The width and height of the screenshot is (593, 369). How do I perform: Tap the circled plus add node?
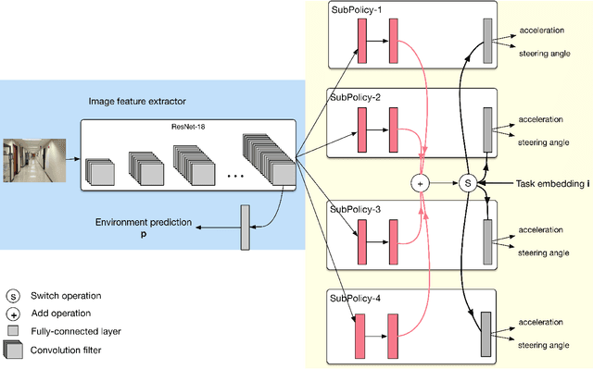click(x=420, y=184)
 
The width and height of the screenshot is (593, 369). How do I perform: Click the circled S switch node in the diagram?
click(x=468, y=184)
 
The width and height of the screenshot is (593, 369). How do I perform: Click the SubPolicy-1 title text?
click(x=354, y=8)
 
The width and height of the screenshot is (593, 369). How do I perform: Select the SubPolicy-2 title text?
click(x=354, y=96)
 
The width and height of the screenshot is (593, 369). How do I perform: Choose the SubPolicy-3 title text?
click(x=354, y=209)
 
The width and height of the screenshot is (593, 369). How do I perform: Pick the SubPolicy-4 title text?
click(x=354, y=297)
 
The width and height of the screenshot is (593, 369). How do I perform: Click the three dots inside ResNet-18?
click(x=234, y=174)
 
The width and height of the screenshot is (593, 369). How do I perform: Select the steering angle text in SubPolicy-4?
click(x=544, y=342)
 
